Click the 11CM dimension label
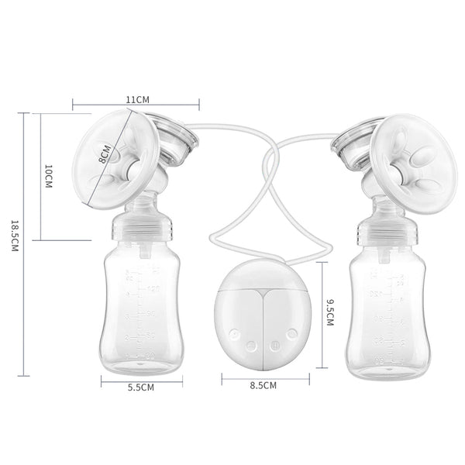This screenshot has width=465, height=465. click(x=137, y=100)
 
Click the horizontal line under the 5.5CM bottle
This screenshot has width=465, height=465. click(x=139, y=379)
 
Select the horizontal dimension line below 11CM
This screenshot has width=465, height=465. click(x=136, y=108)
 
